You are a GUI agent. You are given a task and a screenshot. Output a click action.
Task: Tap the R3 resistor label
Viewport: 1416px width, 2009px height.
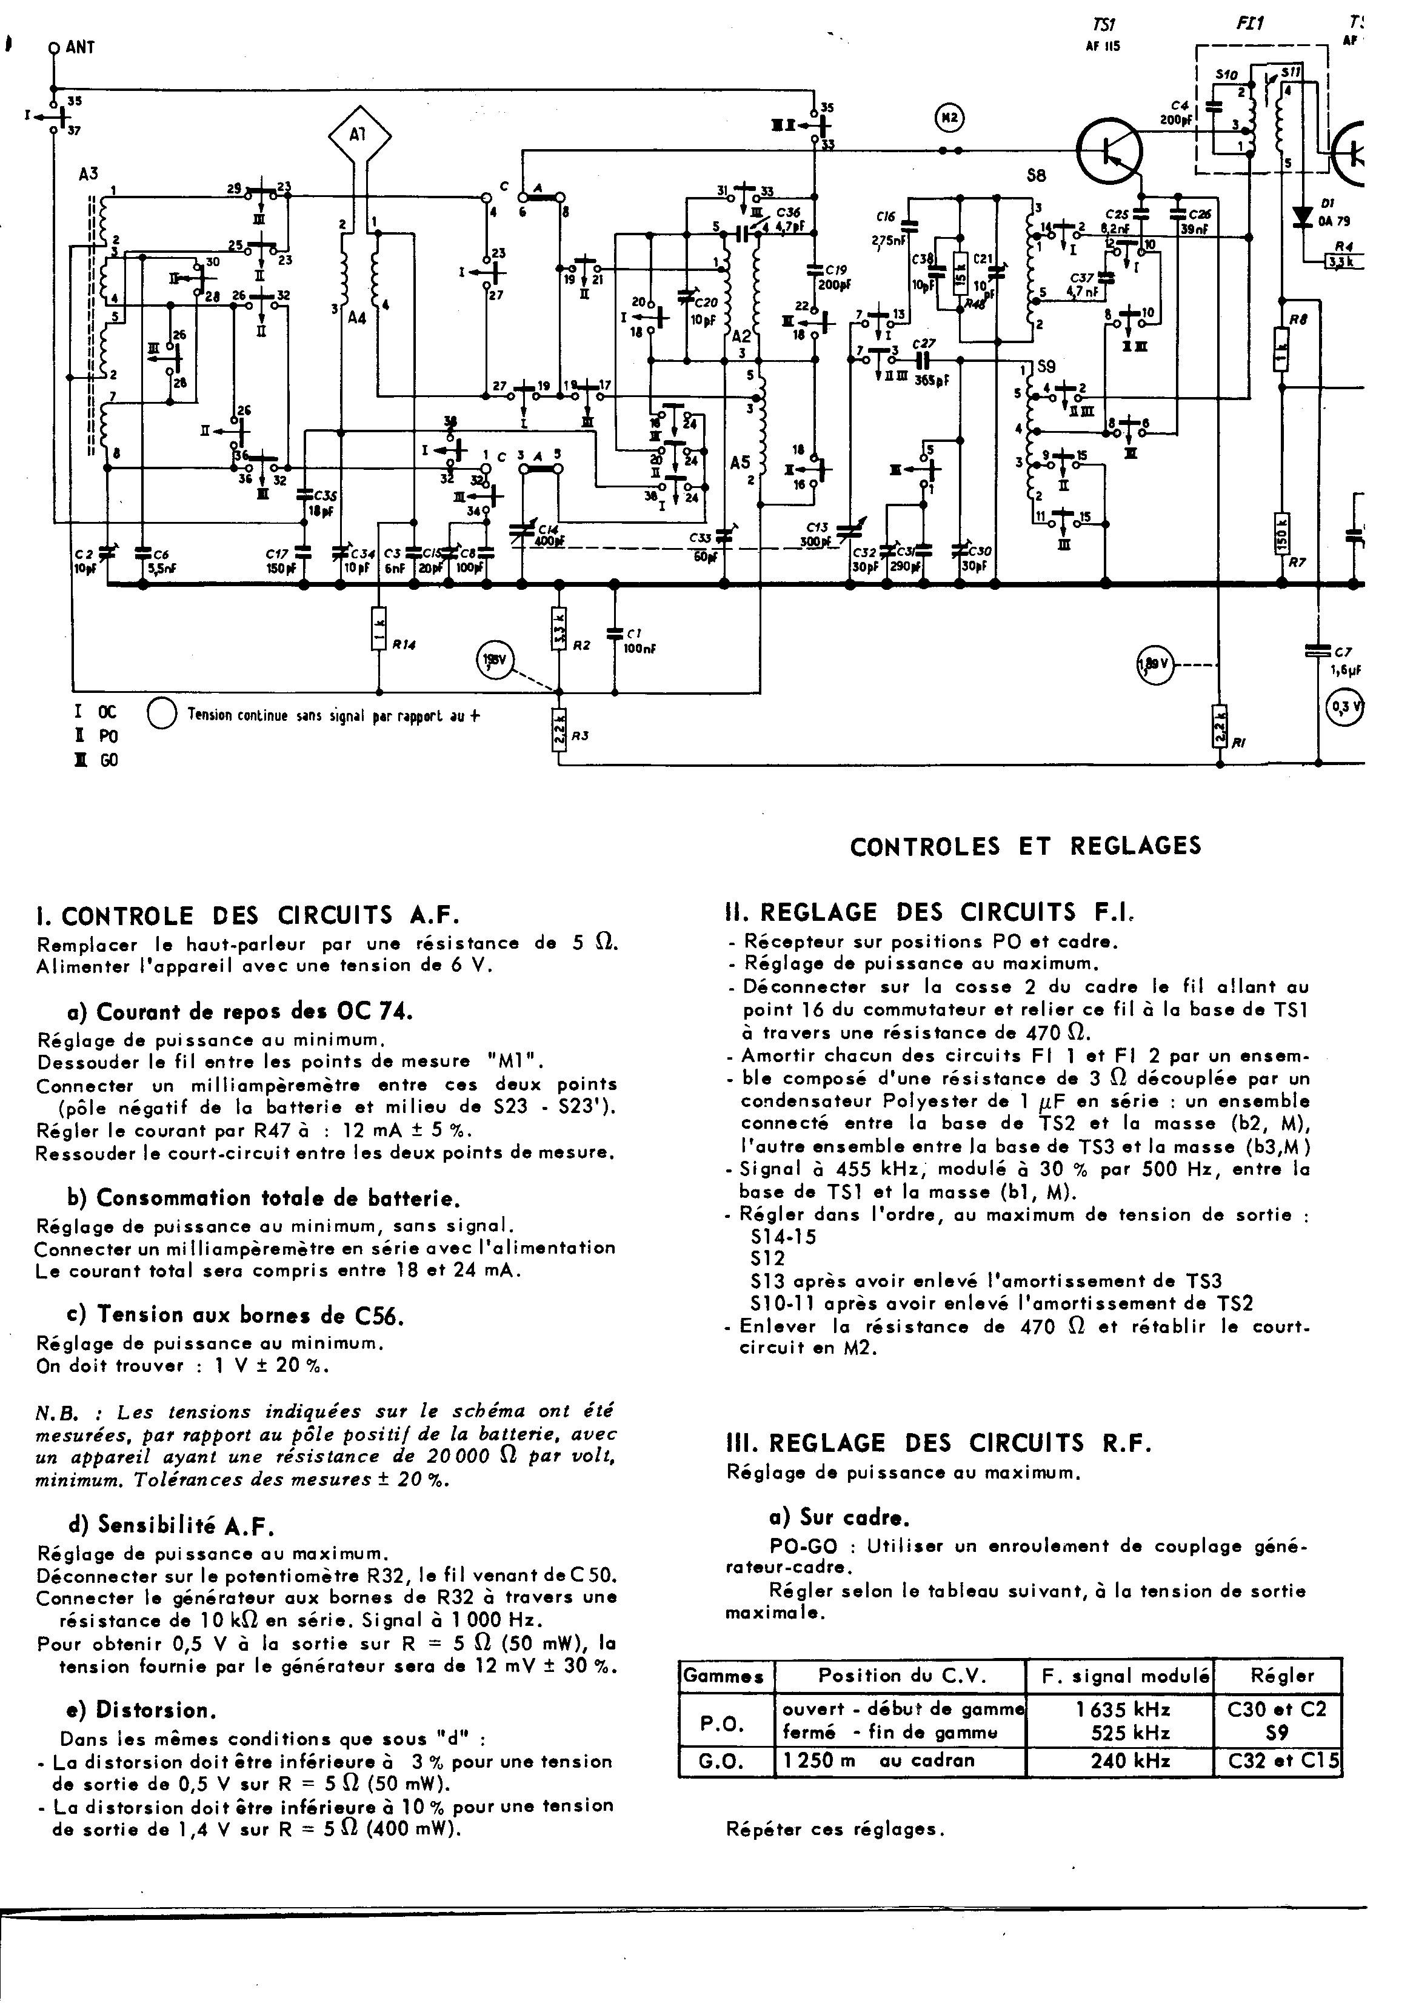click(579, 736)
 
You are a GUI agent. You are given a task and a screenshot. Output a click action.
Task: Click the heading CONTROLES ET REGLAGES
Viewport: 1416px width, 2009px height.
click(1026, 846)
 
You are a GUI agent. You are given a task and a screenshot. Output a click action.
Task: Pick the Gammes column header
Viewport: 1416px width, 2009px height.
click(724, 1677)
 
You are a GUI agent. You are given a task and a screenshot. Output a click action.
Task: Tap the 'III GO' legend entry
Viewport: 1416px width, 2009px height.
click(96, 760)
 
